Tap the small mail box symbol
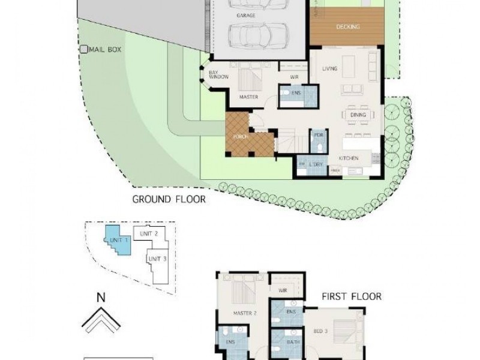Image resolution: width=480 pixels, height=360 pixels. point(84,49)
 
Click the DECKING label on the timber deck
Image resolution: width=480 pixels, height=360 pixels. point(348,27)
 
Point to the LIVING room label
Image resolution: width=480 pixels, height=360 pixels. point(329,69)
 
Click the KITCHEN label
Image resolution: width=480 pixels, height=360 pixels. point(349,158)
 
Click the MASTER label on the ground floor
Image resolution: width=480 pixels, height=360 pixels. point(248,95)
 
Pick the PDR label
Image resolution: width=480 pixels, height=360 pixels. point(319,135)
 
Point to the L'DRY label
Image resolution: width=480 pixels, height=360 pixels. point(316,164)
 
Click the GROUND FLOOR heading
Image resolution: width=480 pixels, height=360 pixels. point(169,199)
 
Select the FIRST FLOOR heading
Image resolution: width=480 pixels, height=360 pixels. point(352,296)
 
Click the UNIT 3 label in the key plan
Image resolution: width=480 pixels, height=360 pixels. point(157,259)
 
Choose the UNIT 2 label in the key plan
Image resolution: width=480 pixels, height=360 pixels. point(149,233)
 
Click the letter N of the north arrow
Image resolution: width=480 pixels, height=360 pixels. point(101,296)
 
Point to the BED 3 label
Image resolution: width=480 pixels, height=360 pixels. point(320,331)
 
